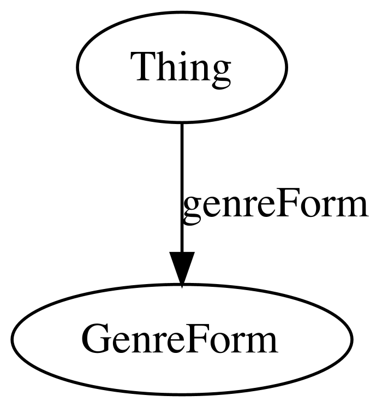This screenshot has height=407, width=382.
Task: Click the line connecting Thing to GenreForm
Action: coord(182,187)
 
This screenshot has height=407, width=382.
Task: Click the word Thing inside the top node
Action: coord(181,70)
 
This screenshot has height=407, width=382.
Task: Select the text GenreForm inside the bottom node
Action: coord(180,339)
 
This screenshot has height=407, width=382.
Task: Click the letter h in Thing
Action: coord(165,66)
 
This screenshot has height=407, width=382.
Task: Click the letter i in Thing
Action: coord(182,67)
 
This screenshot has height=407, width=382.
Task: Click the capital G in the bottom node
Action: coord(96,339)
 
